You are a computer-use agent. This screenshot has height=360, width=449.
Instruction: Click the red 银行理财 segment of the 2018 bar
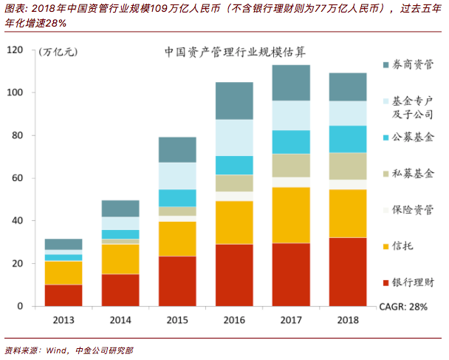347,271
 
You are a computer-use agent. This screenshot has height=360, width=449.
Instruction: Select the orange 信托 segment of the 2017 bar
290,215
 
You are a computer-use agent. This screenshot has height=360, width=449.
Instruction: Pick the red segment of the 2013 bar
64,295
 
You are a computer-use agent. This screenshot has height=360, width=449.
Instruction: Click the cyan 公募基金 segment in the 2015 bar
176,197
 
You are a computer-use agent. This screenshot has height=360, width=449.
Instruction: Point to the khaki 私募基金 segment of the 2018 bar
347,166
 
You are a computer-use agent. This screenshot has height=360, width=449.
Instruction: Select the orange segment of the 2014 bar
120,259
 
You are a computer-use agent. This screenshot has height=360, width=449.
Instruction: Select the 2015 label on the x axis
176,319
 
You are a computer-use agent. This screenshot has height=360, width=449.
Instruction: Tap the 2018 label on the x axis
347,319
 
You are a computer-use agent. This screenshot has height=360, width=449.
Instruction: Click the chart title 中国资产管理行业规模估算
236,53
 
